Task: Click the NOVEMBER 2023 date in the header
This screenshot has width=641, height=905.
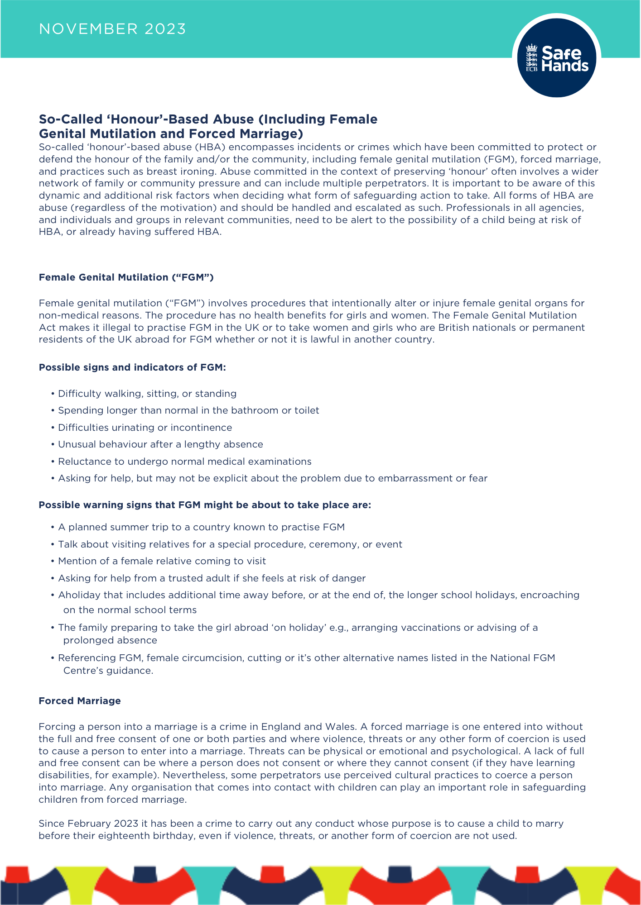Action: click(x=112, y=29)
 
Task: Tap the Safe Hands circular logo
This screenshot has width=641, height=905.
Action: click(x=556, y=58)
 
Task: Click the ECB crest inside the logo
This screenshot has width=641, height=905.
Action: click(x=531, y=58)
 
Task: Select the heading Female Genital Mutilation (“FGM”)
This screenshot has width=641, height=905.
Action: click(x=126, y=277)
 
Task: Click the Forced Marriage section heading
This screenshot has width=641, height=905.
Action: click(x=80, y=701)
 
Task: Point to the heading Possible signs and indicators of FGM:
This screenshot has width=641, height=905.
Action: click(x=132, y=367)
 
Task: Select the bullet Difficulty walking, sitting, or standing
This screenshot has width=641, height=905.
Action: click(x=147, y=394)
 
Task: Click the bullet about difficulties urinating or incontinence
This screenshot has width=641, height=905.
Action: click(x=145, y=428)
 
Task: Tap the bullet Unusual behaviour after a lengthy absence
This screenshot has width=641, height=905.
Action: click(x=160, y=444)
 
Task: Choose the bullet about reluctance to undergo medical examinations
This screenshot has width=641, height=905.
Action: click(x=185, y=462)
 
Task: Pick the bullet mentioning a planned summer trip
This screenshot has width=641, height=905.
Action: click(x=201, y=527)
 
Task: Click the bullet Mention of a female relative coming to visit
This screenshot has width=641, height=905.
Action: click(x=162, y=561)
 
